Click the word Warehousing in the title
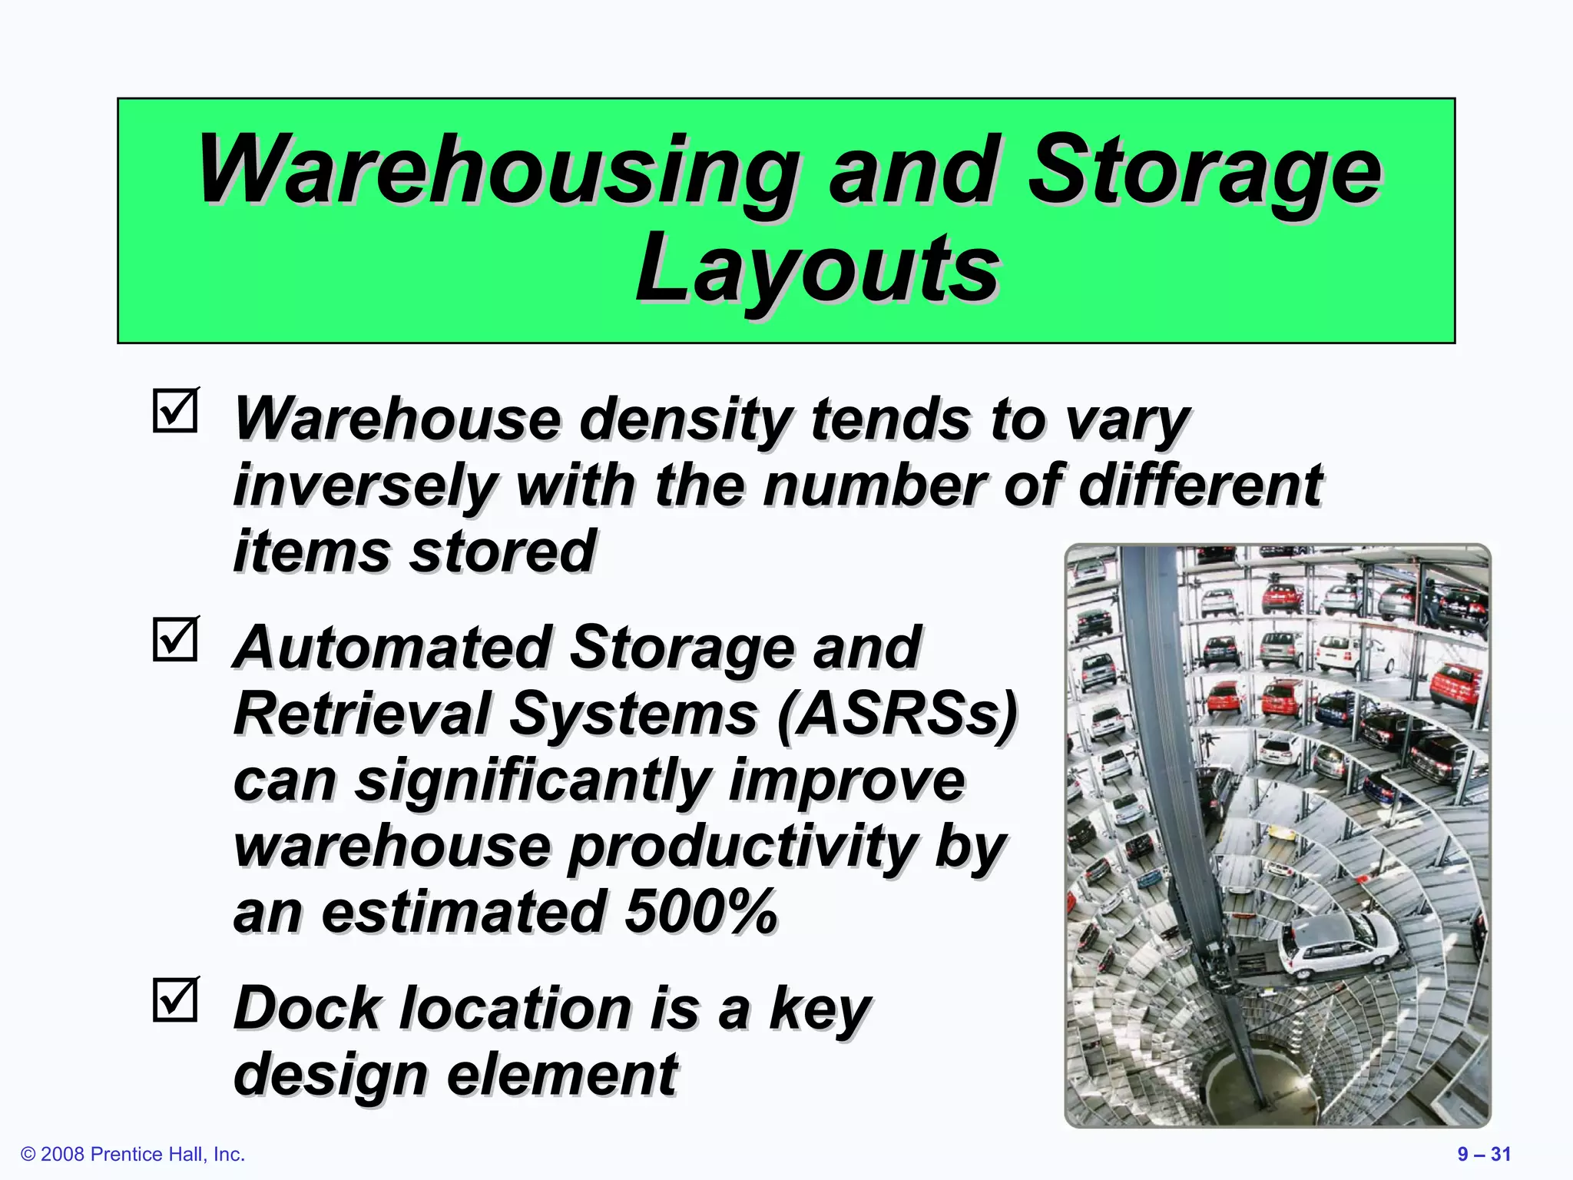(x=498, y=171)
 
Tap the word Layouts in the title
(x=817, y=270)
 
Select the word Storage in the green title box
(x=1205, y=171)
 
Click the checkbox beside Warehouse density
(x=176, y=411)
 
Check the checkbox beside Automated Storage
(x=176, y=640)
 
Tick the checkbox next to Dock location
(x=176, y=1000)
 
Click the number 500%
(x=700, y=912)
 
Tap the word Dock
(x=306, y=1008)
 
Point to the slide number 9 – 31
(x=1484, y=1154)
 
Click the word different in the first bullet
(x=1200, y=486)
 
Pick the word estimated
(x=462, y=912)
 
